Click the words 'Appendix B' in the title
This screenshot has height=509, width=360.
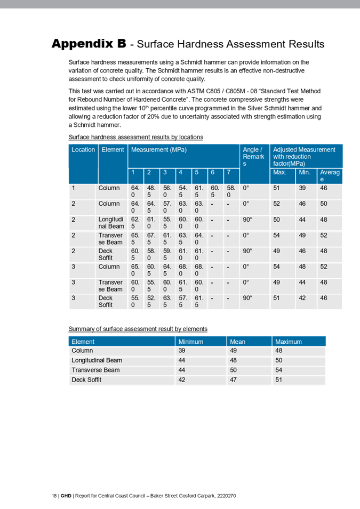[x=89, y=44]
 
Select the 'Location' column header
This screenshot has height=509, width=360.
[x=83, y=150]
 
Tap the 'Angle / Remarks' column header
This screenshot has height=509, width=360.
[x=253, y=157]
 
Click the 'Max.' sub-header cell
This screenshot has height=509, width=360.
[x=280, y=173]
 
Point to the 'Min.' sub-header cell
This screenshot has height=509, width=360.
[x=305, y=173]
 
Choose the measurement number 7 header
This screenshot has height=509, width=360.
[x=228, y=173]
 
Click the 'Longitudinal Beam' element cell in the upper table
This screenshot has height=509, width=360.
[x=111, y=223]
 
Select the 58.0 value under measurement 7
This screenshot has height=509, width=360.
[x=231, y=191]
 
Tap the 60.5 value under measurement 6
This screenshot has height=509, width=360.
[x=215, y=191]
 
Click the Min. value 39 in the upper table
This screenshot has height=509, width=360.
[x=302, y=188]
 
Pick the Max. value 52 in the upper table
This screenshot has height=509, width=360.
[x=276, y=204]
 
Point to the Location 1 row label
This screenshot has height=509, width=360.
[x=74, y=188]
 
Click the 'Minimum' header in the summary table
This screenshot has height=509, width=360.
[x=191, y=342]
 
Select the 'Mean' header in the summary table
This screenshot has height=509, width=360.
[x=237, y=342]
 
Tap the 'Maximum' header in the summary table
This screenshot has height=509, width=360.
[x=289, y=342]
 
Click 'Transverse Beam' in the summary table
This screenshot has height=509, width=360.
[x=95, y=370]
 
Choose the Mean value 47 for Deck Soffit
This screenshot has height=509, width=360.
[x=233, y=380]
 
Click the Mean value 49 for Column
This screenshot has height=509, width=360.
[x=233, y=351]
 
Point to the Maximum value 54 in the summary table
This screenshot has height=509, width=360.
[x=278, y=370]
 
